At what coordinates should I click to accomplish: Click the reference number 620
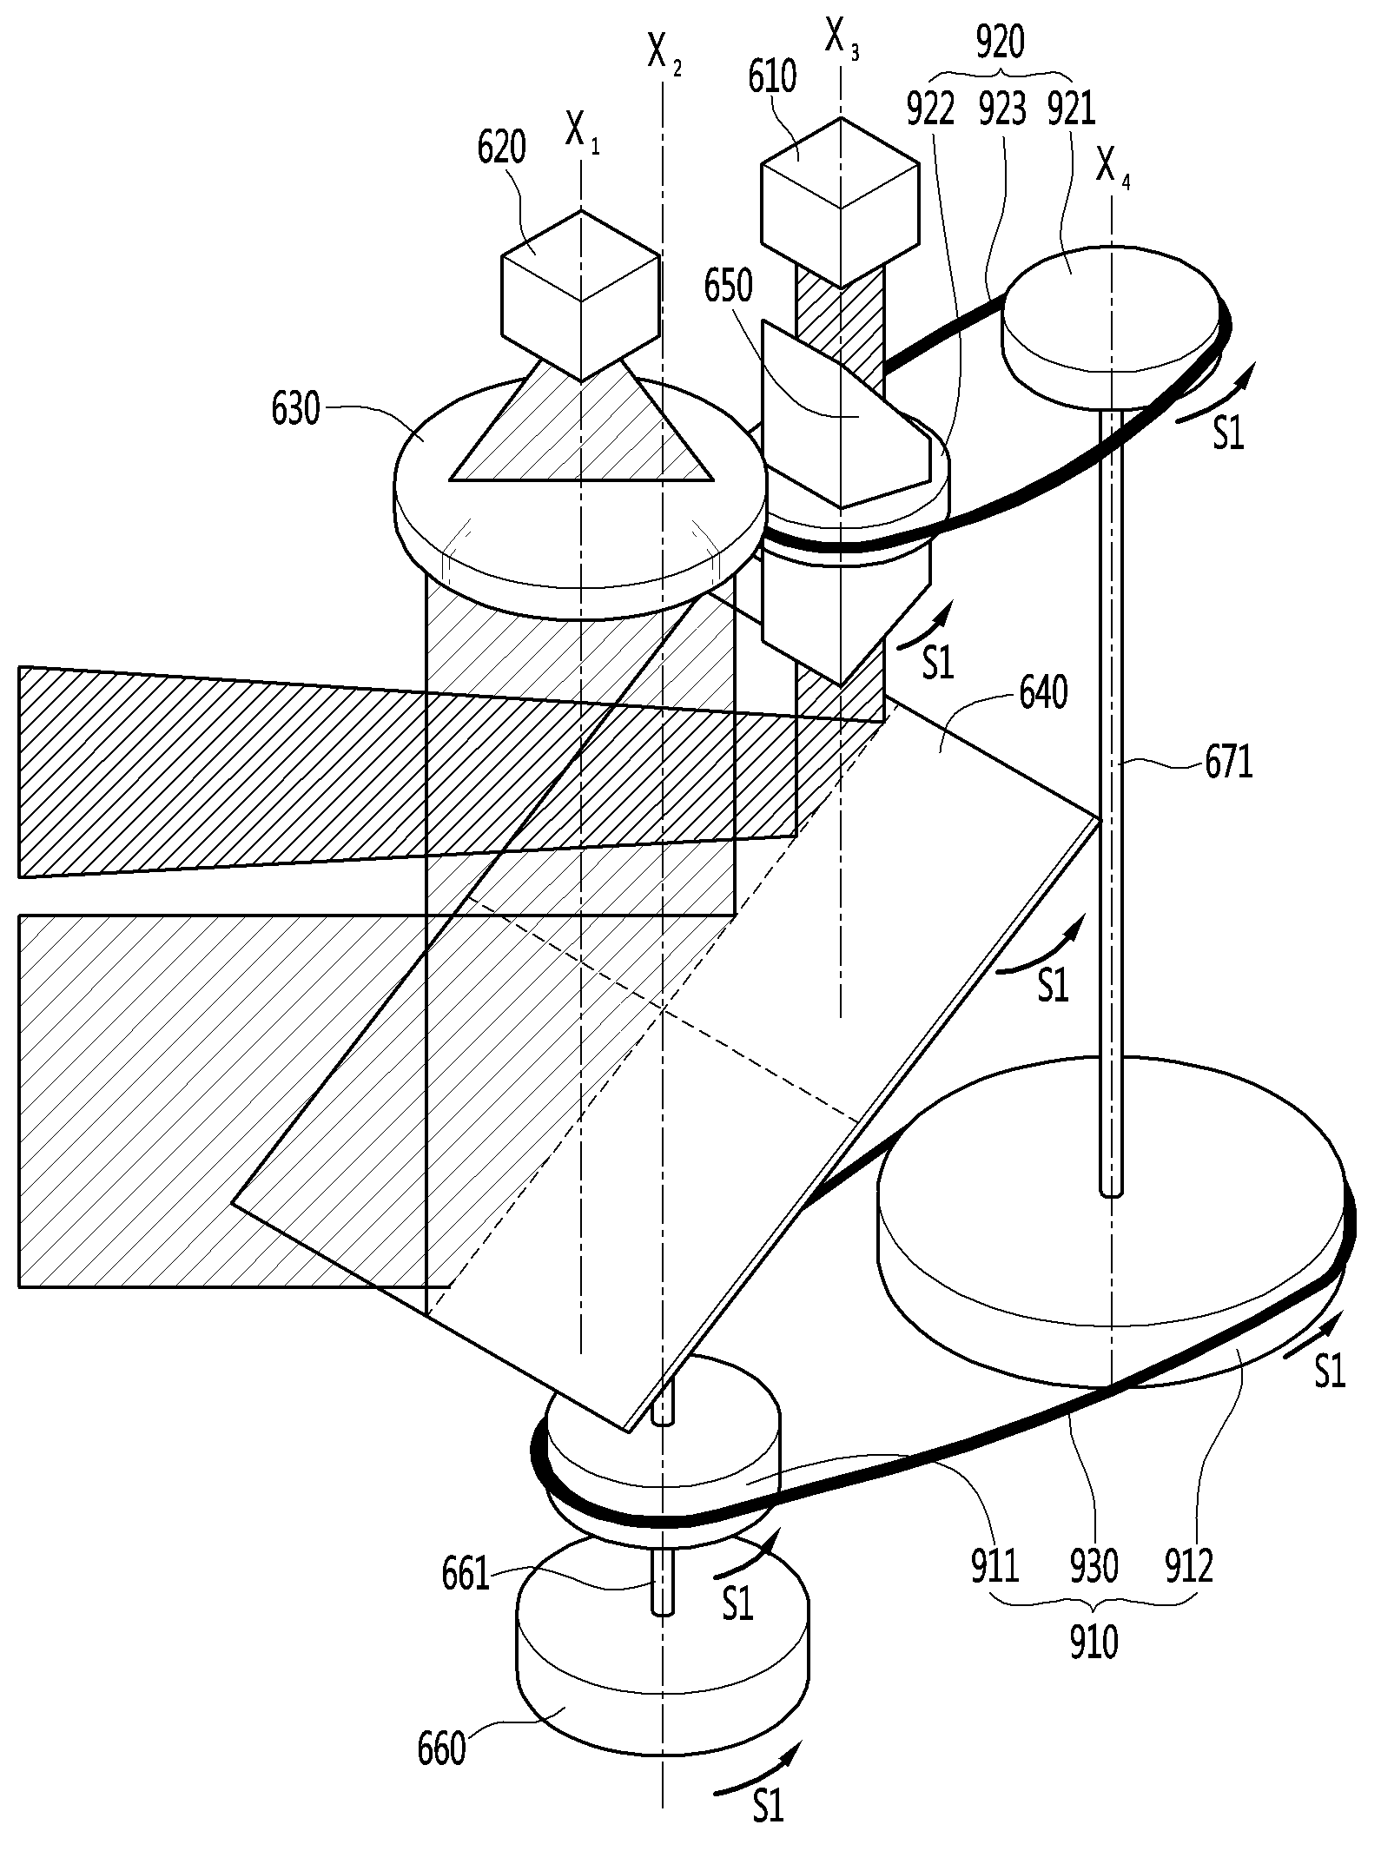(501, 149)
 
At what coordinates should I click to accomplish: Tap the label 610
(772, 77)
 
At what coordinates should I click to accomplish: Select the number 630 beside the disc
(295, 409)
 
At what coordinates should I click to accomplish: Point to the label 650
(728, 286)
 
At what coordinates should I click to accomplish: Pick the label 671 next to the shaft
(1228, 763)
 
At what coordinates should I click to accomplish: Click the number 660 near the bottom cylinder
(442, 1749)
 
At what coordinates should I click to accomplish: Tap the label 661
(466, 1574)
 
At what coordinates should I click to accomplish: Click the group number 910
(1094, 1643)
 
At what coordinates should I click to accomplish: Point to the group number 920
(1000, 43)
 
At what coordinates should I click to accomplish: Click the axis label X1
(581, 132)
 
